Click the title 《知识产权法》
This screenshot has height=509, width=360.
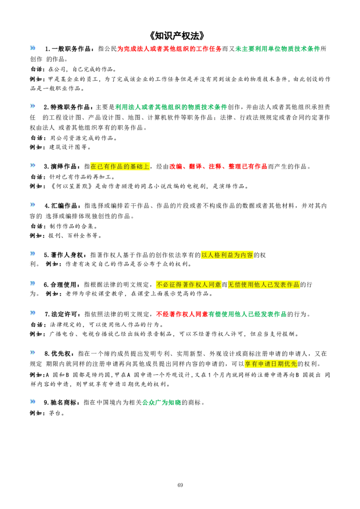tap(178, 35)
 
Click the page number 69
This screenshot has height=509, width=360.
tap(180, 485)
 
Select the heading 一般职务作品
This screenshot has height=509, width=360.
tap(71, 49)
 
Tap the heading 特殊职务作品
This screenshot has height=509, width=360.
tap(70, 107)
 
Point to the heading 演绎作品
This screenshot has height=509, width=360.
tap(63, 166)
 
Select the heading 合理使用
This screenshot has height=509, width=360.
tap(63, 285)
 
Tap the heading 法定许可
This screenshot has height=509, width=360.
tap(64, 314)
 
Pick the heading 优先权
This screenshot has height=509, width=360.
tap(61, 353)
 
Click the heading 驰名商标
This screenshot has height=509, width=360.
tap(63, 402)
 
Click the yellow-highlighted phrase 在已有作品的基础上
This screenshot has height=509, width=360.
tap(120, 166)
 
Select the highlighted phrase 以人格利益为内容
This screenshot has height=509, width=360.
tap(227, 255)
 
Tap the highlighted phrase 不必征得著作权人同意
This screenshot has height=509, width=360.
tap(189, 285)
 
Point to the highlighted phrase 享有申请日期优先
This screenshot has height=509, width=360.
tap(271, 364)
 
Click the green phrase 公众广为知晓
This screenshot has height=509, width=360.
tap(162, 402)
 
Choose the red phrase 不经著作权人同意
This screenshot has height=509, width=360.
tap(182, 314)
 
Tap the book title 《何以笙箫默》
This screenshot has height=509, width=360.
tap(72, 186)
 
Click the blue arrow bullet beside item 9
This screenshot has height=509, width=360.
tap(32, 402)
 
